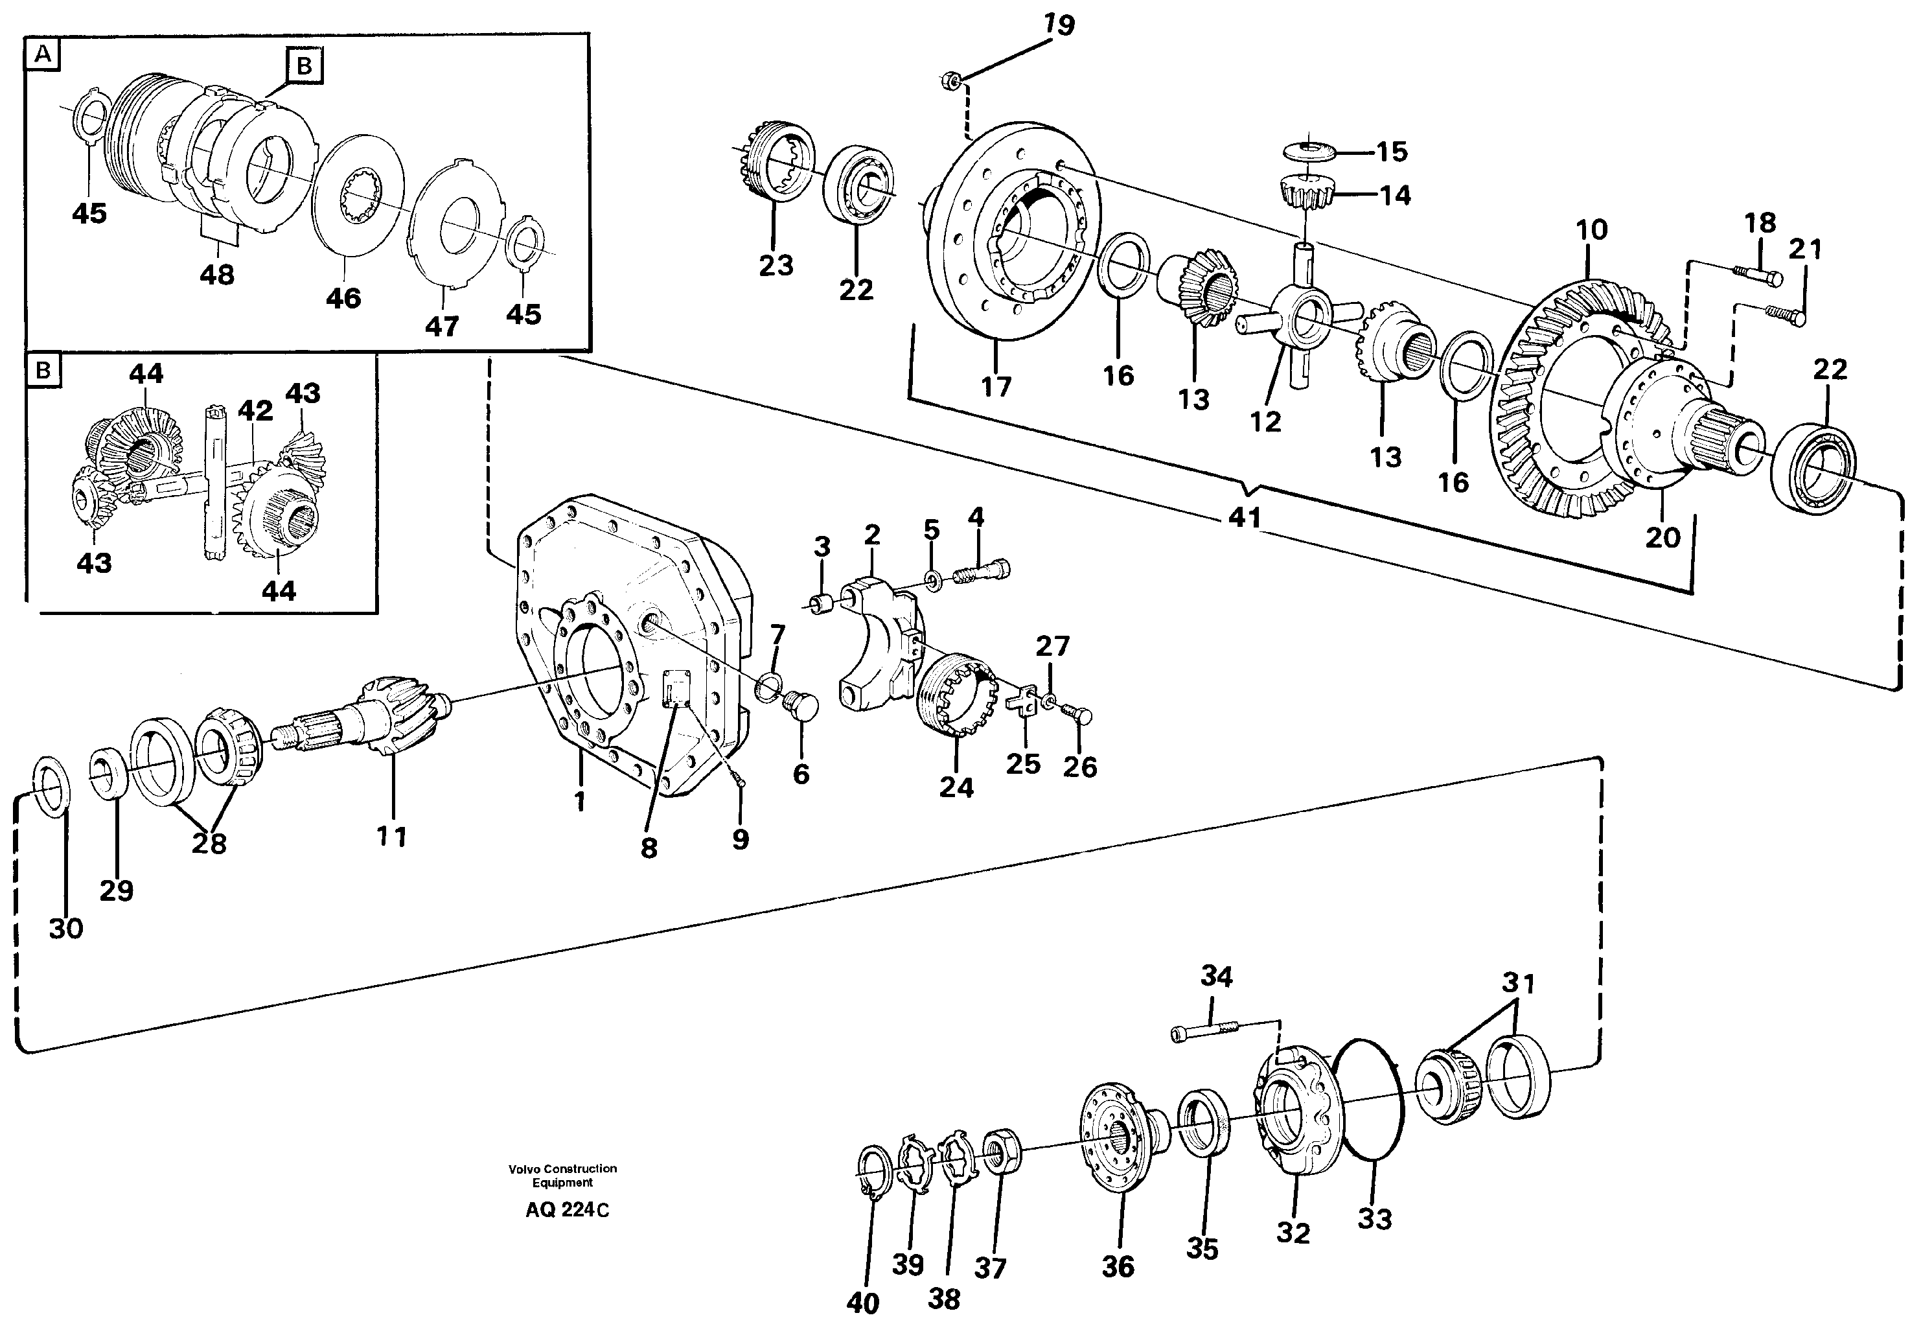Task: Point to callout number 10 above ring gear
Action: (x=1591, y=230)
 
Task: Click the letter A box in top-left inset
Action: (x=43, y=55)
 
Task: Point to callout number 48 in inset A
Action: (x=216, y=274)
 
